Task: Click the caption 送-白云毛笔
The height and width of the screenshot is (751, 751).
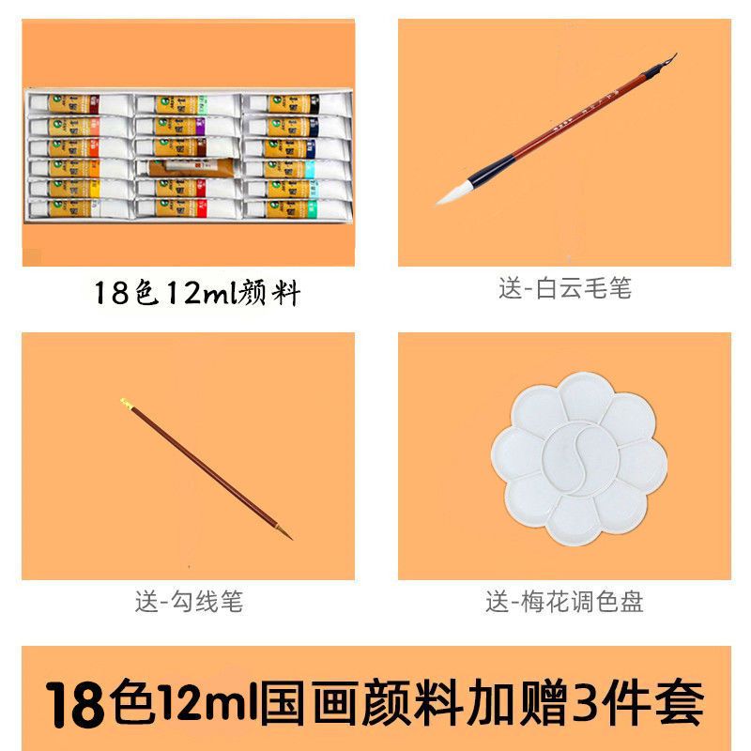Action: click(x=564, y=288)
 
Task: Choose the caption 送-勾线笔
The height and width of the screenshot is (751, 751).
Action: click(x=188, y=601)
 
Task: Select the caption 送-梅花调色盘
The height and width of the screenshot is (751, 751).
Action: click(x=564, y=601)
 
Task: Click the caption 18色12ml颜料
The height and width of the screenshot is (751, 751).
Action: click(x=196, y=293)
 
